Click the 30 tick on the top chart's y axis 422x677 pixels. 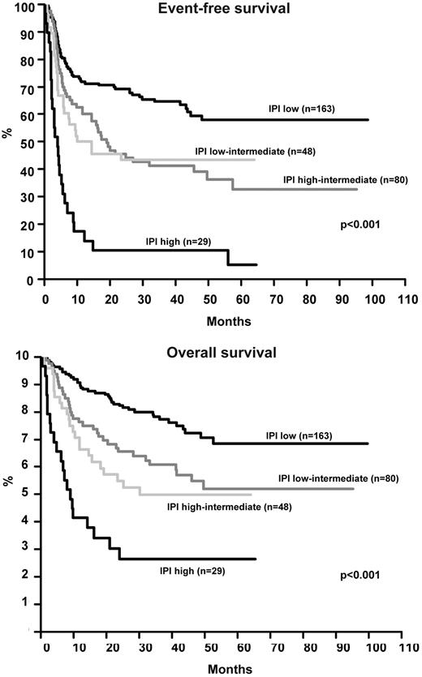click(x=29, y=198)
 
